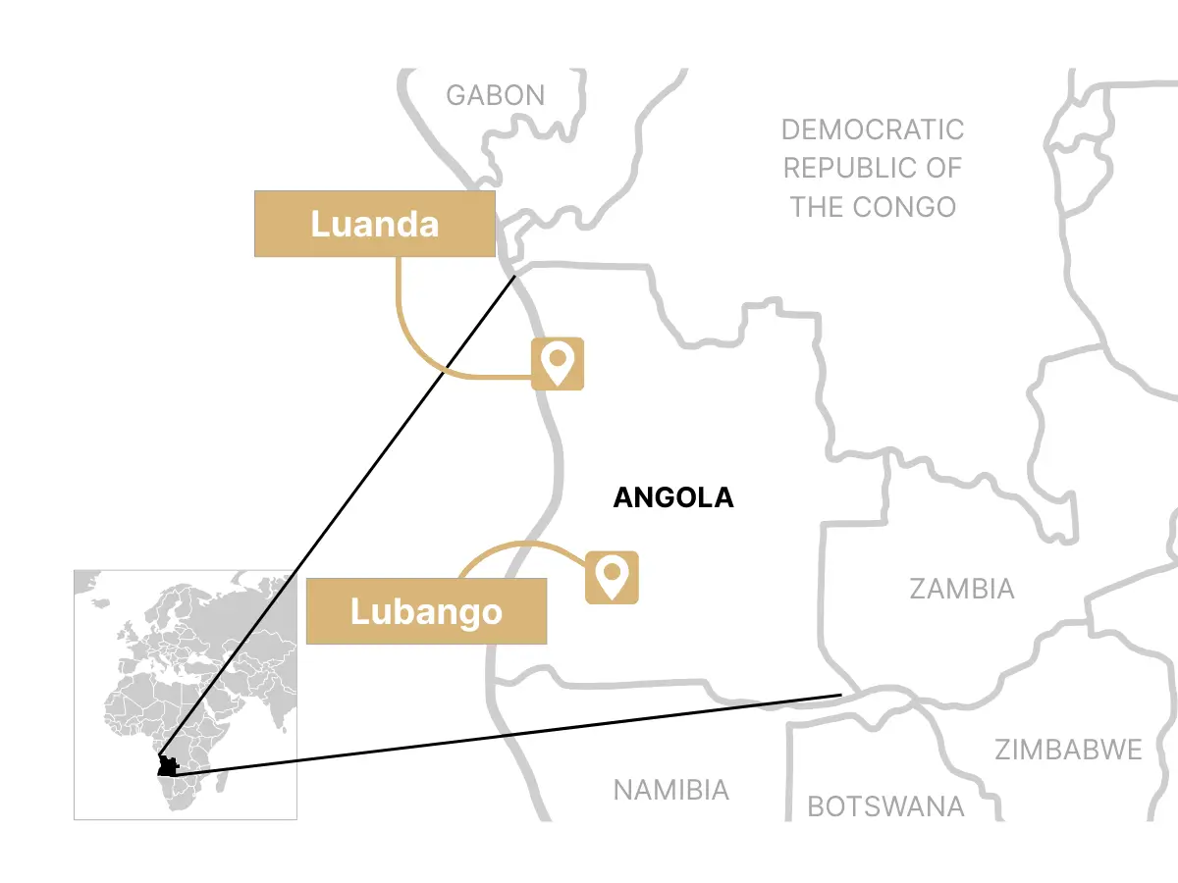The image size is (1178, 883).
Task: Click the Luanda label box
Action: [374, 224]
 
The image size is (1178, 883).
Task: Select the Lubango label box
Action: [426, 611]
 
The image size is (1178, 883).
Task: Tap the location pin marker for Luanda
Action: [558, 364]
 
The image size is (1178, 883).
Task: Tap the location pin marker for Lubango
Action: [613, 577]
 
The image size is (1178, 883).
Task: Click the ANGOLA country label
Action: [672, 497]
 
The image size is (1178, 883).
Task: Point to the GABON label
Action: [495, 95]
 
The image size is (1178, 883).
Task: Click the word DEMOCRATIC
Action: [873, 130]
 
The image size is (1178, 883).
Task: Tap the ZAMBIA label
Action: [961, 589]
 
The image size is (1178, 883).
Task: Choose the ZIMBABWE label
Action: [1068, 751]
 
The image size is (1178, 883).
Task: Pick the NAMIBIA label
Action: [670, 790]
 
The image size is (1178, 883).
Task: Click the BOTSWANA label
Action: [885, 806]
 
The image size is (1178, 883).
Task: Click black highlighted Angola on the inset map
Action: [168, 766]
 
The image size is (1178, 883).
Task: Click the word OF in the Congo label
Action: [942, 168]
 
